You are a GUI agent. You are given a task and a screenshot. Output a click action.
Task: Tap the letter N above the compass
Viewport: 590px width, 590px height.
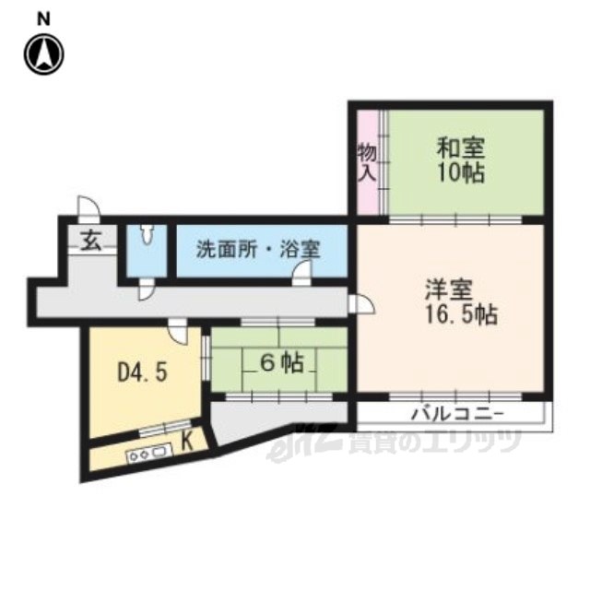point(44,18)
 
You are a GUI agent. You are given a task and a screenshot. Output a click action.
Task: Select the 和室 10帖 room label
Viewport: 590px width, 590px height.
point(461,160)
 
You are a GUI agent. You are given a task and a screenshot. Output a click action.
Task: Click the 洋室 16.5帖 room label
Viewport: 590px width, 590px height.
point(461,301)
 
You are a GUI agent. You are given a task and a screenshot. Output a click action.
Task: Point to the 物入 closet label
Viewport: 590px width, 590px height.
point(367,162)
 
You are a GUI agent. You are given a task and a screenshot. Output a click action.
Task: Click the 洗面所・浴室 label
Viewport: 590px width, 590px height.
point(258,249)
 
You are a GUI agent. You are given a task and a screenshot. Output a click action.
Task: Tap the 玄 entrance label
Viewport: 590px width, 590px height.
point(92,242)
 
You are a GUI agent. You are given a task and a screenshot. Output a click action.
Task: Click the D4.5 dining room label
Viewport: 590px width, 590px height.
point(142,372)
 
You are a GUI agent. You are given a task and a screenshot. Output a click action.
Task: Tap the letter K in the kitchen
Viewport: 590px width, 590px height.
point(187,442)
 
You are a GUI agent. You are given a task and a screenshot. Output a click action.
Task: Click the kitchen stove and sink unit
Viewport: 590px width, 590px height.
point(149,453)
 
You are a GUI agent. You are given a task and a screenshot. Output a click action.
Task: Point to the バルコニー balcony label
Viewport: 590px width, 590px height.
point(457,415)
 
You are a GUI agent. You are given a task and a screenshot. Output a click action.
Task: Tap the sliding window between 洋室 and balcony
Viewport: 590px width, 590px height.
point(455,396)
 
